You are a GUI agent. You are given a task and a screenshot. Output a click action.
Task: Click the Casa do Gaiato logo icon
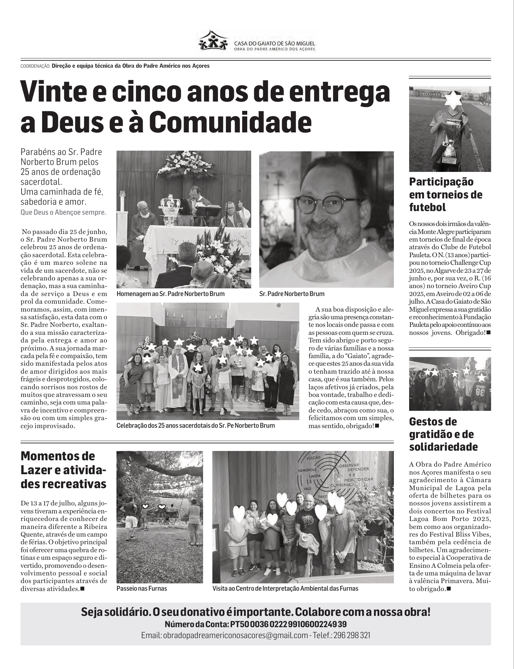(214, 40)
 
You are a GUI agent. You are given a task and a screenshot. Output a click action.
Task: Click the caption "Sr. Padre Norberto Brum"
(292, 294)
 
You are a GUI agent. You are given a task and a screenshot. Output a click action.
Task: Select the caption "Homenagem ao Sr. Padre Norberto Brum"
(171, 294)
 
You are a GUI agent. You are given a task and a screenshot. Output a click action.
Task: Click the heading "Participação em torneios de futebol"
(446, 194)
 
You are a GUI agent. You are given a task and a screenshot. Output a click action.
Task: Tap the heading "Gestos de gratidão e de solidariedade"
(443, 434)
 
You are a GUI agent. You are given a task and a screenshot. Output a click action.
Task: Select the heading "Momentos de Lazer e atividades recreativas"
(63, 470)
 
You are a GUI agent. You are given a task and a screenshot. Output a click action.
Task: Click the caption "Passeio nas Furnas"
(142, 588)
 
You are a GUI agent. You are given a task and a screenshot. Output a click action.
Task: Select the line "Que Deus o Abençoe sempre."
(63, 212)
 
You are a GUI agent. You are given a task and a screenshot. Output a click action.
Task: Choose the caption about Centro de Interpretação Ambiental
(285, 588)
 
